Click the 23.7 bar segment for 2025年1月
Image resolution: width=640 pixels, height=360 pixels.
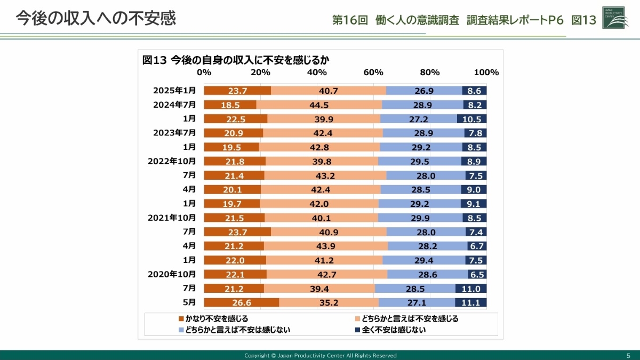point(237,91)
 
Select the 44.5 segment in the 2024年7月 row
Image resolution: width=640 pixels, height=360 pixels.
point(319,105)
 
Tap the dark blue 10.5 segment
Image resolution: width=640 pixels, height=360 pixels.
point(471,119)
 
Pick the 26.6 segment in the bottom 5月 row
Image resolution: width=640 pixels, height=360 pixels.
point(241,302)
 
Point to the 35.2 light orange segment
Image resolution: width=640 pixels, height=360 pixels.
point(329,302)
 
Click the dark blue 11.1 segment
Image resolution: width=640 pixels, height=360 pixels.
point(471,302)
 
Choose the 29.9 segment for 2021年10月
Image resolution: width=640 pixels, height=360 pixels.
point(419,218)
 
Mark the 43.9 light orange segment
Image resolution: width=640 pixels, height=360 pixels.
point(325,246)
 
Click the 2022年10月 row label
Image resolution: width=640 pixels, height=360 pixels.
point(171,161)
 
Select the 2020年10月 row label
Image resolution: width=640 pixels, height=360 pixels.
point(171,274)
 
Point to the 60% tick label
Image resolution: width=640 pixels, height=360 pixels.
point(373,73)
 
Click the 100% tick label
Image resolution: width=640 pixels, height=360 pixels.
point(486,73)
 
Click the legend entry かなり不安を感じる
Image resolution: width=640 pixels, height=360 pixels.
point(213,319)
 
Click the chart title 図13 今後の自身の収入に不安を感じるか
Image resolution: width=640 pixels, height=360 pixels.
point(235,60)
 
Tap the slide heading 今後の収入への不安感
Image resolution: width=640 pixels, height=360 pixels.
point(96,18)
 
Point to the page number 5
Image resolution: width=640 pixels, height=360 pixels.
point(628,356)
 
